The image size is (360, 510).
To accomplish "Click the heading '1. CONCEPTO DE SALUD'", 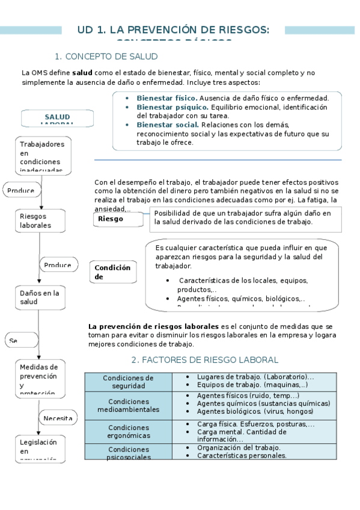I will point(106,57).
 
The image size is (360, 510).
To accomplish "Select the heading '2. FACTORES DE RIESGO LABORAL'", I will point(204,360).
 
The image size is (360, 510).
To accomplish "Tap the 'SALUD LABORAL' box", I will point(57,118).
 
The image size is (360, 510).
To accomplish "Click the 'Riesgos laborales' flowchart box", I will point(40,221).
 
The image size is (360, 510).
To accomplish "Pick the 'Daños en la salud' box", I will point(40,297).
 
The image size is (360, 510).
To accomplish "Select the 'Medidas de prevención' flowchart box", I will point(40,379).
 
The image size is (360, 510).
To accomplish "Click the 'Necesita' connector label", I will point(58,418).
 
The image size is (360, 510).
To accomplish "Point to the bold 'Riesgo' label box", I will point(118,219).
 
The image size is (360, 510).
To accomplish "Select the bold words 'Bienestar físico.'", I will point(166,98).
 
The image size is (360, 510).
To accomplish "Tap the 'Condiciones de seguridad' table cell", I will point(128,382).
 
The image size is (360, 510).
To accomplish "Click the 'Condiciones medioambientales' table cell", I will point(128,405).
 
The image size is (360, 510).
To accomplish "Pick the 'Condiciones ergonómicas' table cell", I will point(128,431).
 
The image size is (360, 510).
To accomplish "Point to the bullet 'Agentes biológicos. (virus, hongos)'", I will point(254,412).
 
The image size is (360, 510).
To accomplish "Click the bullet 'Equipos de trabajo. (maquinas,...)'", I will point(252,384).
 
